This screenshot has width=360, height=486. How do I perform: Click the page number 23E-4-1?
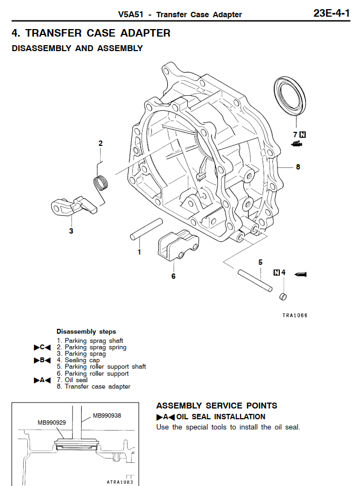tap(331, 13)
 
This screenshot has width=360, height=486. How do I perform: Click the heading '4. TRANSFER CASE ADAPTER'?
tap(91, 33)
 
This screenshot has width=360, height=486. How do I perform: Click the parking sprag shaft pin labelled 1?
tap(146, 229)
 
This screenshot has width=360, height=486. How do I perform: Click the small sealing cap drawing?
tap(284, 297)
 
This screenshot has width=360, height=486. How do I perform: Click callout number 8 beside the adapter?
tap(298, 167)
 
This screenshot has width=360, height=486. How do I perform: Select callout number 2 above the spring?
tap(100, 143)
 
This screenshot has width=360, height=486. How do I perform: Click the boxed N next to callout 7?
tap(302, 135)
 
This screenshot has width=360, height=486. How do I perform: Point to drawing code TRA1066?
tap(294, 315)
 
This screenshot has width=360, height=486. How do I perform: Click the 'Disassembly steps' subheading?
tap(86, 332)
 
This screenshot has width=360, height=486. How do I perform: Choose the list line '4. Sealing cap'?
tap(79, 360)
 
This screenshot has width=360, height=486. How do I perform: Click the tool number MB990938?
tap(107, 415)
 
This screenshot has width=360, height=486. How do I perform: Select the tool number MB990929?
tap(52, 422)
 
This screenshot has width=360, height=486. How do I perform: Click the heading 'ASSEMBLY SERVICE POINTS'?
tap(217, 405)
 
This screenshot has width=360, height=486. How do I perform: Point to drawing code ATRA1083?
tap(119, 482)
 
